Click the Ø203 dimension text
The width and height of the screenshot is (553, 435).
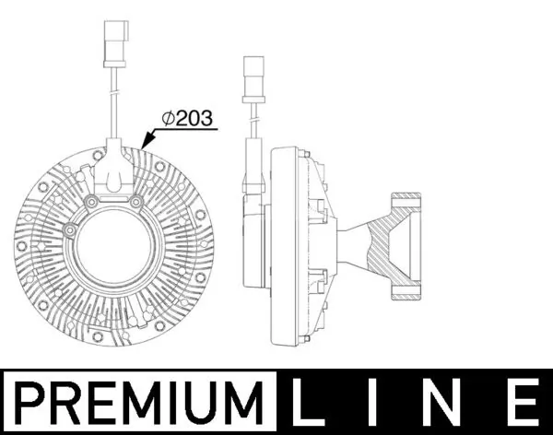coord(188,118)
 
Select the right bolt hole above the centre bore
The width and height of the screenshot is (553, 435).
coord(135,202)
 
